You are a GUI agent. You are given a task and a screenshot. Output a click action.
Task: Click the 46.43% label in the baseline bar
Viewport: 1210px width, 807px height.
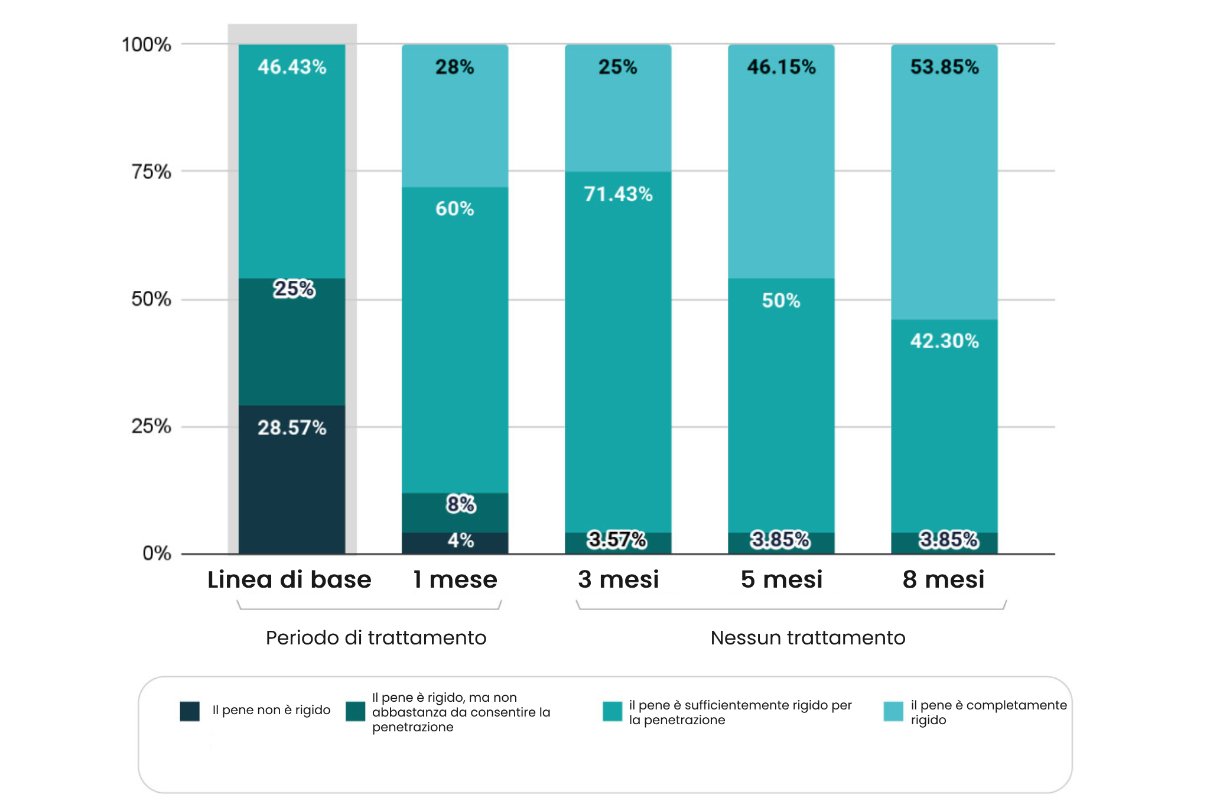pos(292,67)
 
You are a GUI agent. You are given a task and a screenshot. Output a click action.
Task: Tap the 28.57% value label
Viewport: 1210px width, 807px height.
pos(292,427)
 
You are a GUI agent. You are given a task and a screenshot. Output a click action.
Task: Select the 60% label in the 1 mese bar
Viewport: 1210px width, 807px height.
pos(454,208)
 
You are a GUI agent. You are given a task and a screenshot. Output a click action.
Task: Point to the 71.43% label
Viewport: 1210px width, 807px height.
pos(618,194)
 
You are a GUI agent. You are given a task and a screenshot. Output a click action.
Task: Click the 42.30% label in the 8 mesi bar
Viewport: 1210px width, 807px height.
pos(944,341)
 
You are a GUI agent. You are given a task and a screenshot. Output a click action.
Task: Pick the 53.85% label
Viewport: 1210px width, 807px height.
pos(944,67)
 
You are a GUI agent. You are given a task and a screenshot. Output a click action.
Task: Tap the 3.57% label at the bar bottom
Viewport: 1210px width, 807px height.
pos(617,539)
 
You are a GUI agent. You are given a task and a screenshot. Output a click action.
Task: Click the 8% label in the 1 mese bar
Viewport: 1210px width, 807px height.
pos(461,504)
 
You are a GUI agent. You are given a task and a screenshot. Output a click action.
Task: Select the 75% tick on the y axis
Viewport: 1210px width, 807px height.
pos(151,171)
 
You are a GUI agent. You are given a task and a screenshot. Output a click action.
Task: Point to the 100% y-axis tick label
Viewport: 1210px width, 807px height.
pos(147,44)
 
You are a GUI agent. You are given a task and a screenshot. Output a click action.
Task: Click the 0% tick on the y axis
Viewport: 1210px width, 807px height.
pos(157,553)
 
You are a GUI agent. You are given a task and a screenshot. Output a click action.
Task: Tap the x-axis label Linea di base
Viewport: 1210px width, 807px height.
pos(290,579)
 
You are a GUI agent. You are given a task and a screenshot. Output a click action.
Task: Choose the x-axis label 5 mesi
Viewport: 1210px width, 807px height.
pos(781,579)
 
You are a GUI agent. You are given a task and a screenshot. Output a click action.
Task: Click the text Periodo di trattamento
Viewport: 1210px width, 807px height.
pos(376,637)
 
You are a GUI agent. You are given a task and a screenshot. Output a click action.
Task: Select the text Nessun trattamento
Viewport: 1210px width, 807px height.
pos(808,637)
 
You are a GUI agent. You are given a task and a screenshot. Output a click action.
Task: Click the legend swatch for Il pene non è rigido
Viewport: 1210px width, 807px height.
pos(190,711)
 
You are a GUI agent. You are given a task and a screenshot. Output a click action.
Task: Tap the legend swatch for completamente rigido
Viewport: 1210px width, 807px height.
pos(893,711)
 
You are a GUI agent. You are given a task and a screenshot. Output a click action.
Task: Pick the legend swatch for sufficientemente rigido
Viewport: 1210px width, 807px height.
pos(612,711)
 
